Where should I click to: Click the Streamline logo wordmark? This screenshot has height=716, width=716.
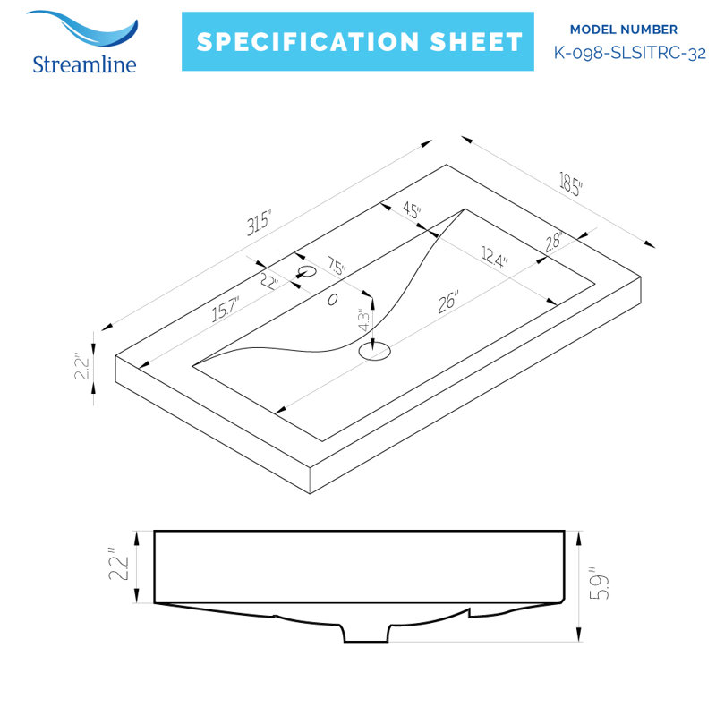coord(84,64)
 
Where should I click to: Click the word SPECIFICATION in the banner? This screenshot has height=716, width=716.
coord(308,42)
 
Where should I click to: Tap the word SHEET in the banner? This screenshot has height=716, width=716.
coord(476,42)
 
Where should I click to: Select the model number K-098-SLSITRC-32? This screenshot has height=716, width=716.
coord(630,53)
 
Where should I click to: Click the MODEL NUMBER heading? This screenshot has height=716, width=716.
coord(623,30)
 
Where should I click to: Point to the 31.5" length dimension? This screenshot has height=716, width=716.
coord(259,223)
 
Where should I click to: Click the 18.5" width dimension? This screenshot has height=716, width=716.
coord(570,183)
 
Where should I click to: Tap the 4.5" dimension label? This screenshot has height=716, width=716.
coord(412,210)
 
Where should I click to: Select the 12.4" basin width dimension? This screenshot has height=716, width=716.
coord(495,258)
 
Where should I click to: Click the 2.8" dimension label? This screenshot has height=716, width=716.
coord(553,242)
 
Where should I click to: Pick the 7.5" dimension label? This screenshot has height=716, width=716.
coord(337,265)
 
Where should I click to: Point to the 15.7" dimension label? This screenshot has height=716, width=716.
coord(226,309)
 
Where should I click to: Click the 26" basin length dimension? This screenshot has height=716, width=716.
coord(448,302)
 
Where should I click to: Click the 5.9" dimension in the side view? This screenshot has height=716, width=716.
coord(599,584)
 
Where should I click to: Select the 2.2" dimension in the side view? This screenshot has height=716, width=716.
coord(119,565)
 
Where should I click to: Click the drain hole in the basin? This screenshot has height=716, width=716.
coord(374,351)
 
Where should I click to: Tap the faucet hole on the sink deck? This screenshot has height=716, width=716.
coord(307,272)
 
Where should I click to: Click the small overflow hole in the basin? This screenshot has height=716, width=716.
coord(332,300)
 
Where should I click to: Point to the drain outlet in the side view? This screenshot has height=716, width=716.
coord(366,633)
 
